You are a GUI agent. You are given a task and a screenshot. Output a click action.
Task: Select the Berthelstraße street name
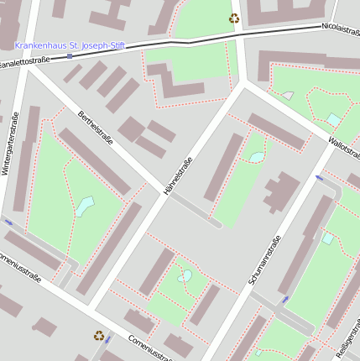(95, 127)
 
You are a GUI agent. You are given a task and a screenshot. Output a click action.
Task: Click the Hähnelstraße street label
(179, 176)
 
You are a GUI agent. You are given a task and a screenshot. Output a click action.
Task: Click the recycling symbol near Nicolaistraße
(233, 18)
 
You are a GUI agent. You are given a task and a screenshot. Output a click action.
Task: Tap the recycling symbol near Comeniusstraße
(99, 335)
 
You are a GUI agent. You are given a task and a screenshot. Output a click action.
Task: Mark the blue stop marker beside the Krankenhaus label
(70, 55)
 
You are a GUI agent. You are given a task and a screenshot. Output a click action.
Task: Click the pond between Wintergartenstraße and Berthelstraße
(85, 206)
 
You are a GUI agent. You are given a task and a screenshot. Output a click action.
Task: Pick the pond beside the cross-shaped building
(256, 156)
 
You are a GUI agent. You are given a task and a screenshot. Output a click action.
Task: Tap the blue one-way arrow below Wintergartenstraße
(8, 222)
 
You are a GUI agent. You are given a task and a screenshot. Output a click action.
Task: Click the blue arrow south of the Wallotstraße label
(319, 178)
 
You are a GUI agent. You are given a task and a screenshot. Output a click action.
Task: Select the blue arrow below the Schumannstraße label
(285, 299)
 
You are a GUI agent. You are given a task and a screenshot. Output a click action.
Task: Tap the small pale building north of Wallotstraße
(288, 96)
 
